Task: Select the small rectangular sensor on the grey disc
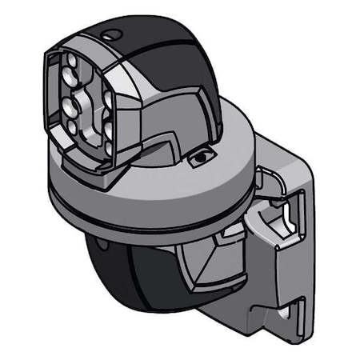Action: tap(199, 158)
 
